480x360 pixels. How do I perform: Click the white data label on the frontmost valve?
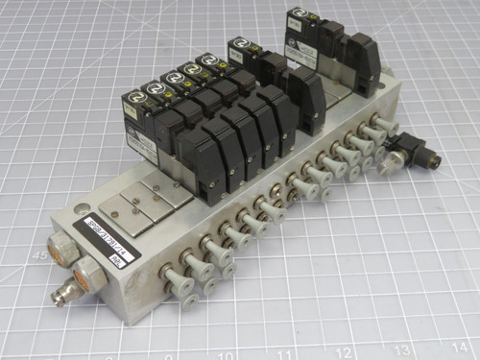pos(140,144)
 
